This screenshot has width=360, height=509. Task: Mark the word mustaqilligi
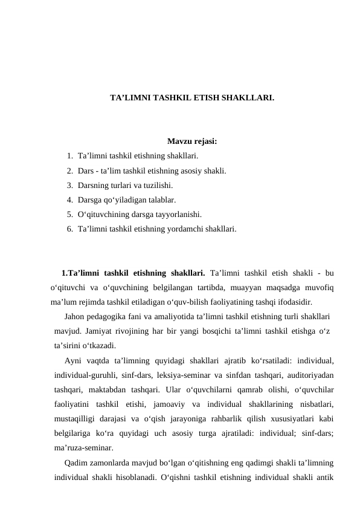(x=76, y=418)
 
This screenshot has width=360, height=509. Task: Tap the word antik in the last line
(x=324, y=478)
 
